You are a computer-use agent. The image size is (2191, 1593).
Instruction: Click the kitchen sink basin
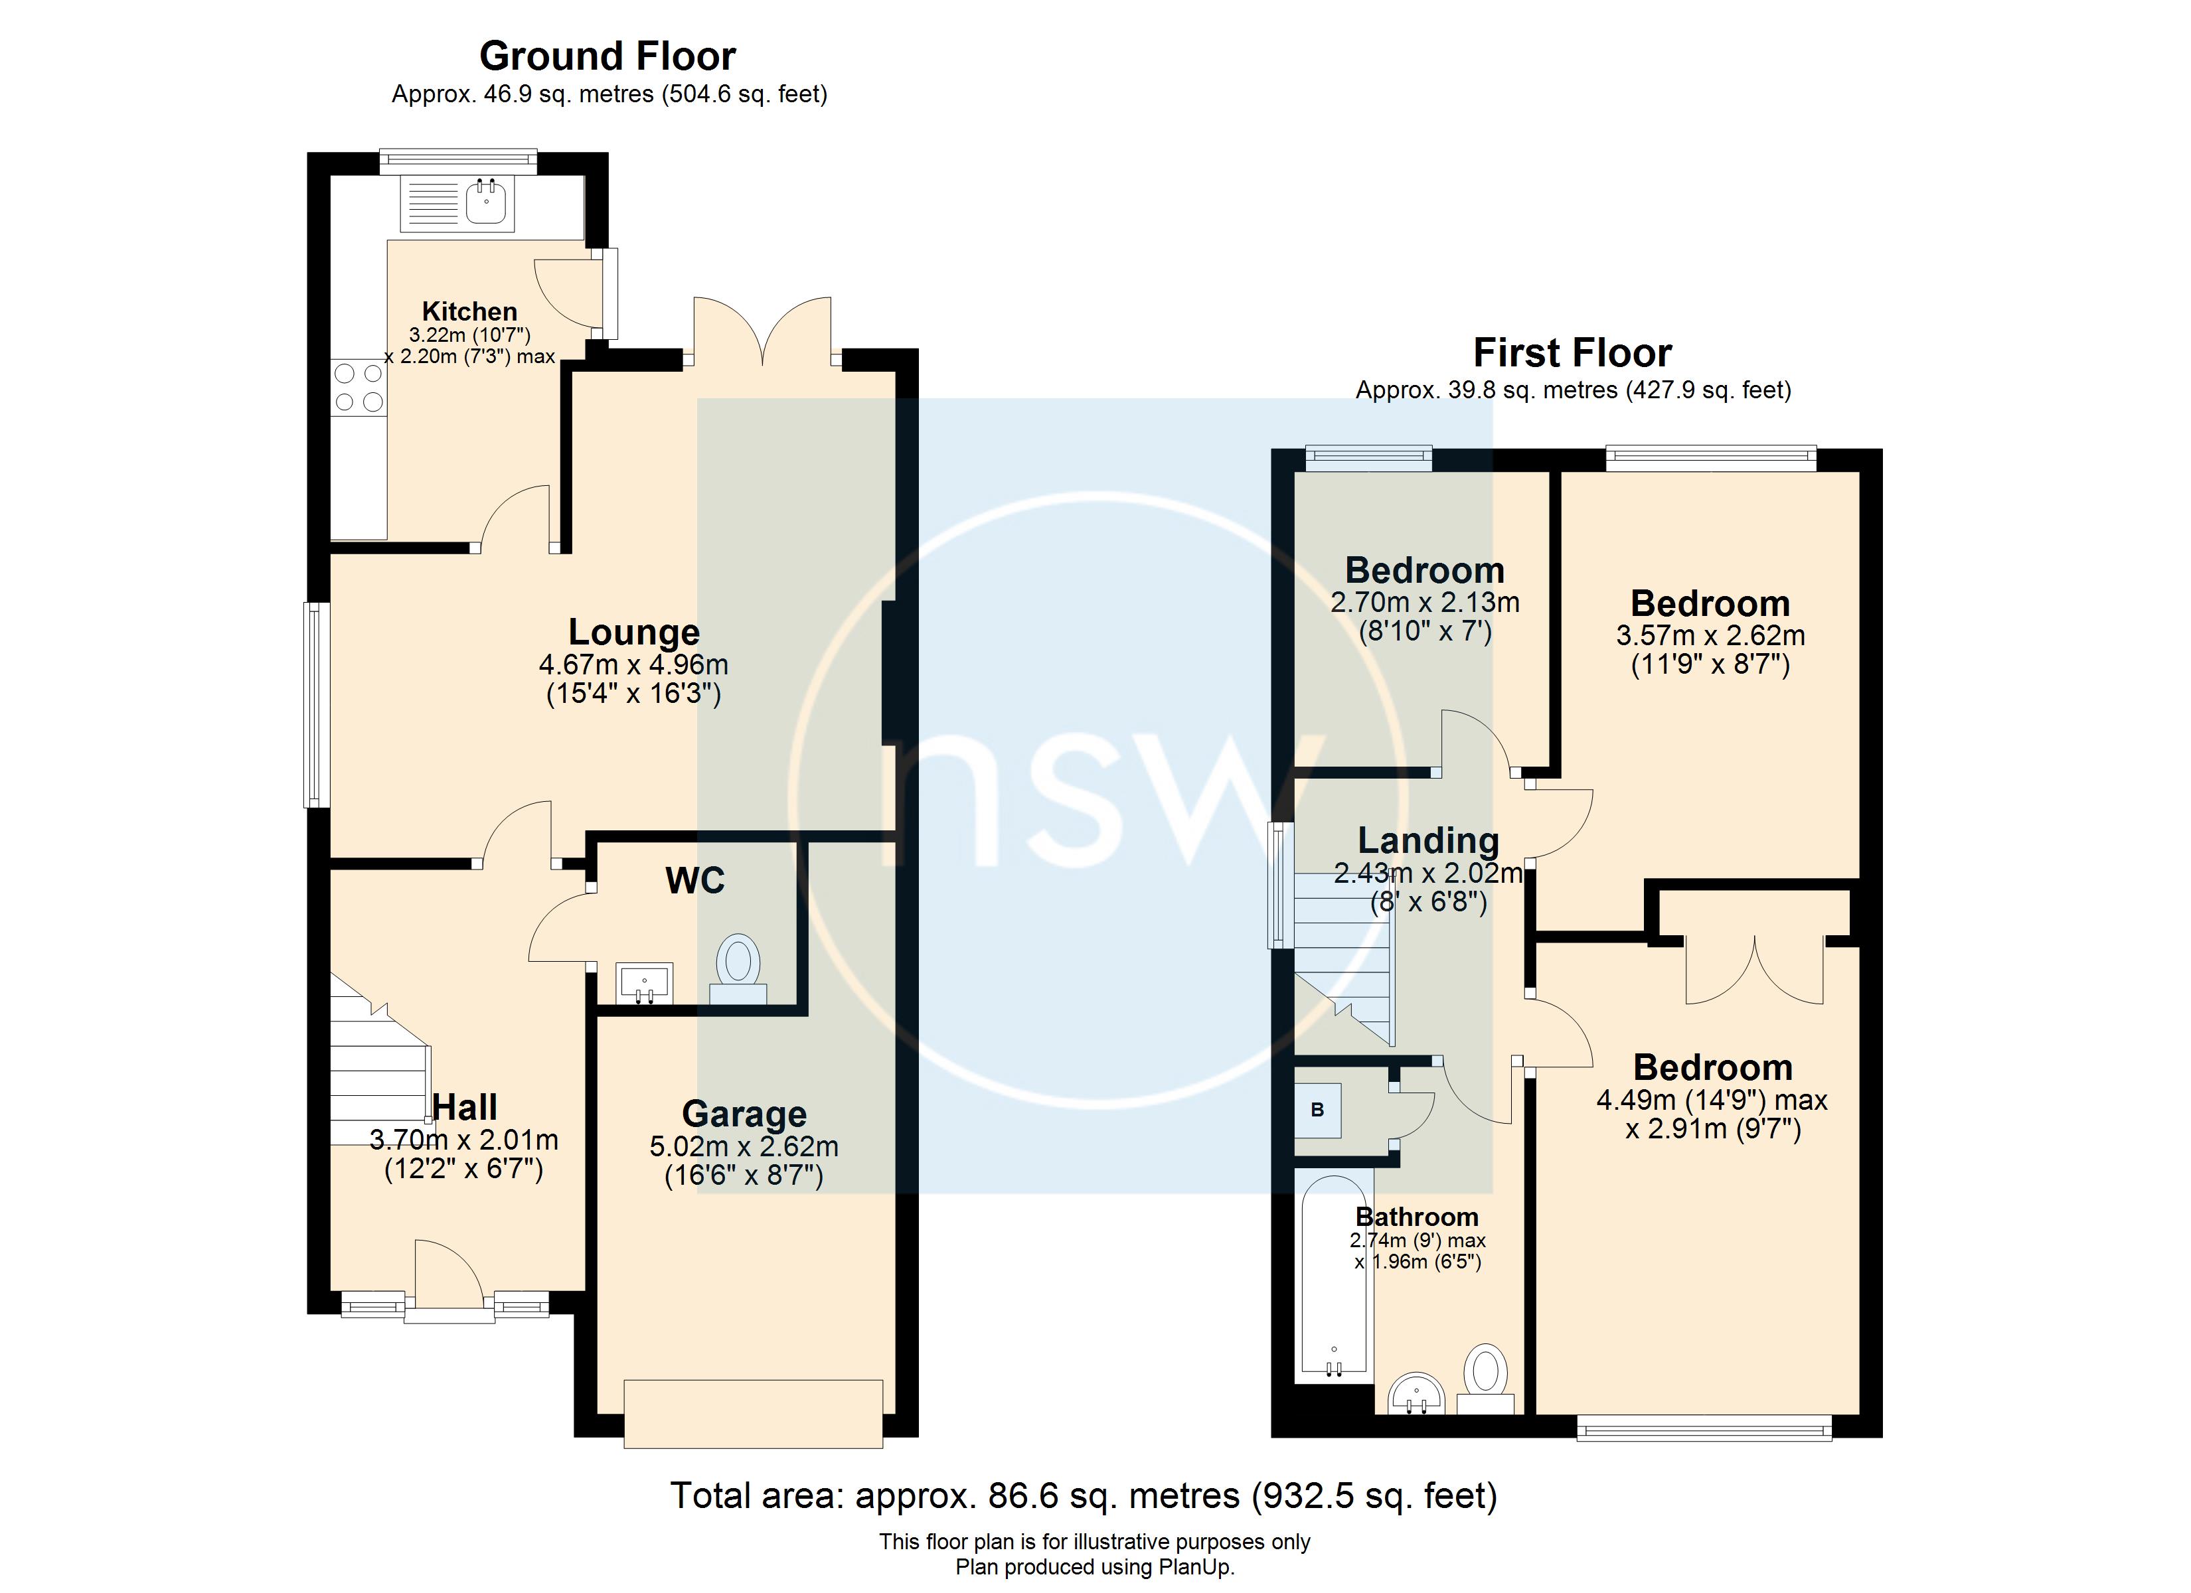pyautogui.click(x=486, y=203)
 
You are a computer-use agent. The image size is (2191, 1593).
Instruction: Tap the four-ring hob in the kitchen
pyautogui.click(x=359, y=388)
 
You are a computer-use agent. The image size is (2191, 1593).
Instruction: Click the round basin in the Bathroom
pyautogui.click(x=1416, y=1395)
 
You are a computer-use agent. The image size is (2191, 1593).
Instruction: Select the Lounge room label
pyautogui.click(x=633, y=632)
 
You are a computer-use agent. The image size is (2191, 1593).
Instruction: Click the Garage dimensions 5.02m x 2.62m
pyautogui.click(x=744, y=1147)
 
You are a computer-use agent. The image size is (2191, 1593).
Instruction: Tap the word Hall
pyautogui.click(x=465, y=1107)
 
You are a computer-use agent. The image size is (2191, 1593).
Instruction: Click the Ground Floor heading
pyautogui.click(x=608, y=56)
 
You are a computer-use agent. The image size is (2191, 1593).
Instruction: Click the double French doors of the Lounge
pyautogui.click(x=763, y=333)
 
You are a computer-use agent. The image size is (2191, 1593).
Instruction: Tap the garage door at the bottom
pyautogui.click(x=754, y=1414)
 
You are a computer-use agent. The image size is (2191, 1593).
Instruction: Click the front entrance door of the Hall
pyautogui.click(x=448, y=1280)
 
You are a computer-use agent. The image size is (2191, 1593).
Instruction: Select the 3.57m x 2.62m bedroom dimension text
pyautogui.click(x=1710, y=636)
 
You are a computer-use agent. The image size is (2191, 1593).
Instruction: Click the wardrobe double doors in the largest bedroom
pyautogui.click(x=1754, y=969)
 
